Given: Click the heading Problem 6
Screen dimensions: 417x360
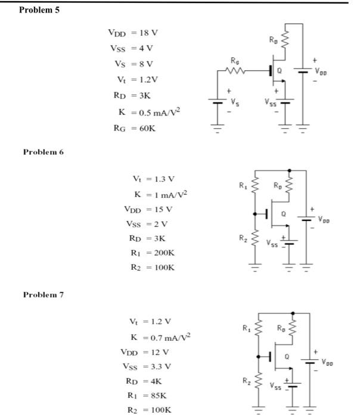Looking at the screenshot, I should pos(43,152).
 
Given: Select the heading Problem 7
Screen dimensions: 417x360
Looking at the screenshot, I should pos(43,294).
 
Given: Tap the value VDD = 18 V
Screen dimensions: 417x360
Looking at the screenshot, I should pos(133,32).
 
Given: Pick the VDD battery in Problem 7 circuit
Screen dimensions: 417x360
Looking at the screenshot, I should pos(309,361).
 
